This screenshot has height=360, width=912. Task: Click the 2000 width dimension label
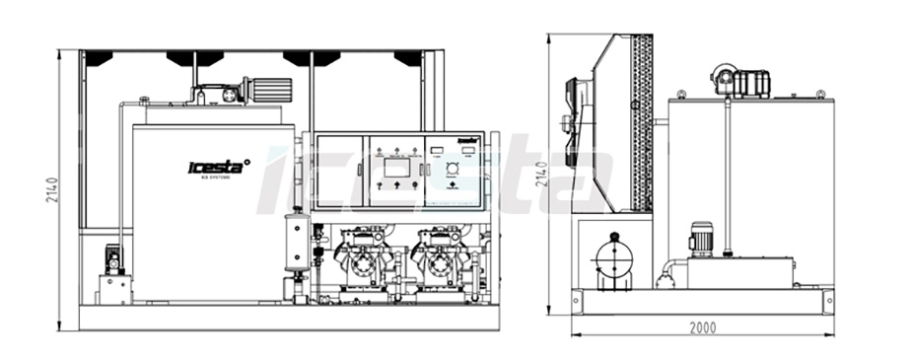point(703,327)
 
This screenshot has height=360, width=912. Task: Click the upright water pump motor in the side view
point(701,239)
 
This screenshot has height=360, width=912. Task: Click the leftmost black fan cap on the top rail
point(98,58)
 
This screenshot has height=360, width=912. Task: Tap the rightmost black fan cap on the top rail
point(408,58)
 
